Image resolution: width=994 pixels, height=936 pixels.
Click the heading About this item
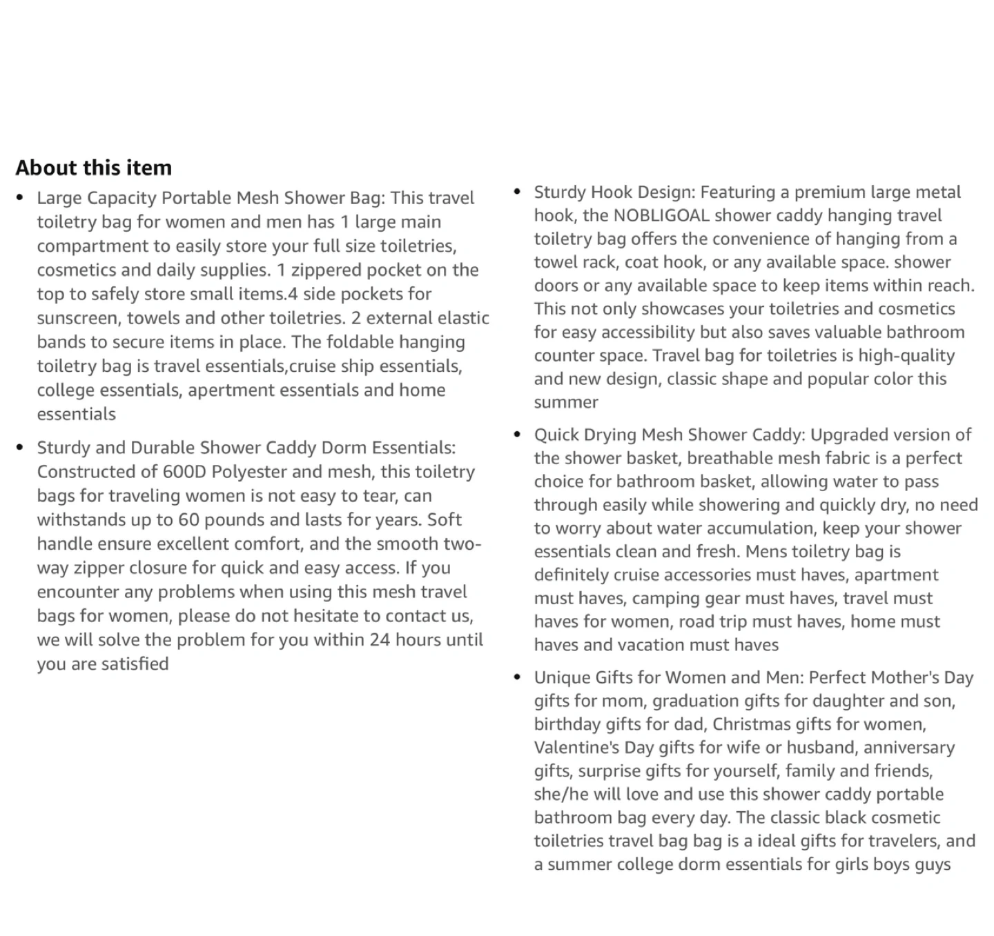93,168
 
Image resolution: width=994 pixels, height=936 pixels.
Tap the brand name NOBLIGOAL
661,215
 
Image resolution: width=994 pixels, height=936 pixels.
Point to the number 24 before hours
380,639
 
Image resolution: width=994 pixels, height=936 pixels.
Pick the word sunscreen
77,318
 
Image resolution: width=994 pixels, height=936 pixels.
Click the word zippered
322,270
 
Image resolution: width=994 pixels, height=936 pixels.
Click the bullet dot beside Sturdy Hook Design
518,191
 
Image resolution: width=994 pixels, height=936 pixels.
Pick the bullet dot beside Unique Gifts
518,677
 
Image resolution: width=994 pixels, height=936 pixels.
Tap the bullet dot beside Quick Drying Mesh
518,435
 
